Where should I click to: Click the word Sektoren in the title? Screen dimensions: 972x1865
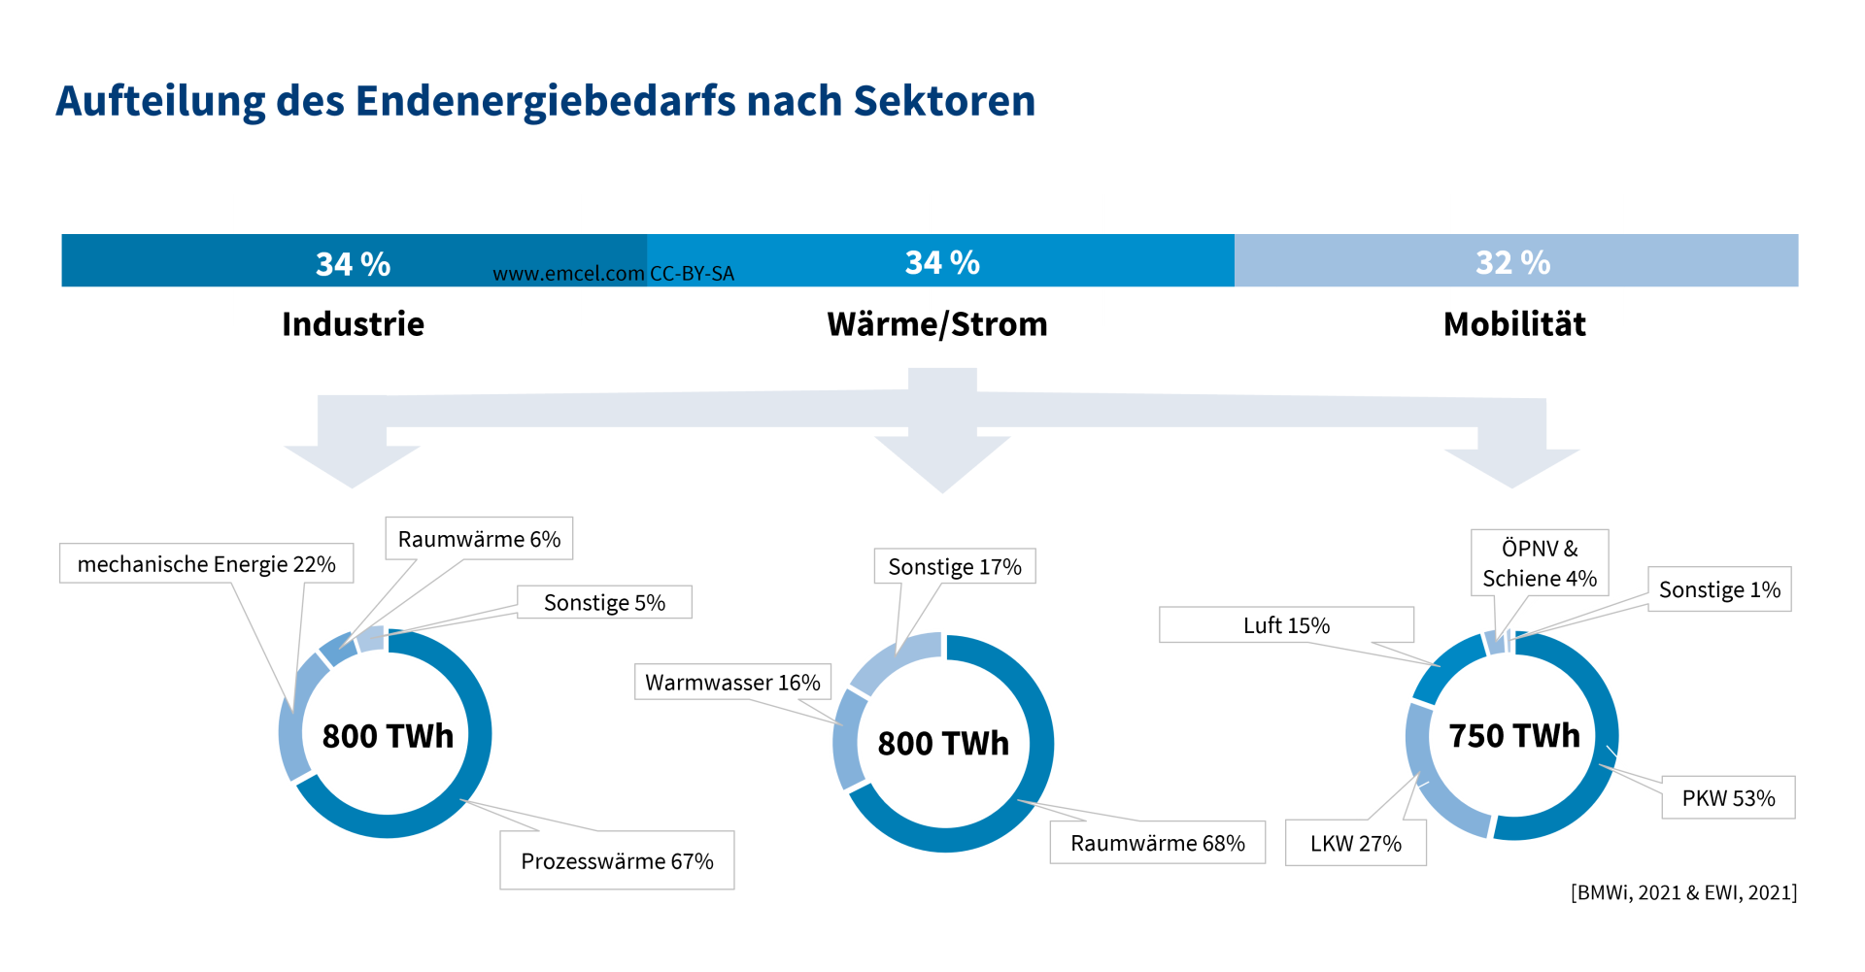coord(944,101)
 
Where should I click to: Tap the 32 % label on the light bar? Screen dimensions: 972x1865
coord(1512,262)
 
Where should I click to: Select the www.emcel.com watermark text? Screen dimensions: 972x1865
coord(568,274)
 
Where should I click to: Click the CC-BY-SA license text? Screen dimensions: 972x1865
coord(692,274)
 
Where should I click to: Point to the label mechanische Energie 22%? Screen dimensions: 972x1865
coord(206,564)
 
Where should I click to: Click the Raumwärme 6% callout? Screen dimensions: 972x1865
coord(479,539)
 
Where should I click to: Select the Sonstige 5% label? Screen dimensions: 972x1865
coord(604,602)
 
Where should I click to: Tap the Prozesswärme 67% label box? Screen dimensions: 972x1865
coord(617,860)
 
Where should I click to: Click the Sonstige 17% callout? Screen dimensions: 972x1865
coord(954,567)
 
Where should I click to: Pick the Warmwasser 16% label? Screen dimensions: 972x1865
coord(732,683)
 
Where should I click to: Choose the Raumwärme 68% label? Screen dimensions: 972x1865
coord(1157,843)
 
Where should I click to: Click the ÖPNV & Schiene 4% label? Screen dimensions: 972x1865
coord(1539,563)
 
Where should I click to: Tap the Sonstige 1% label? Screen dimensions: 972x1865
coord(1718,589)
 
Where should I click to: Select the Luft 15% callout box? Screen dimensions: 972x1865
coord(1286,625)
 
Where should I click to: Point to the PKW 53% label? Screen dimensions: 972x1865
coord(1728,798)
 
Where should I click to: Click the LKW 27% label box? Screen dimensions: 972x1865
coord(1355,843)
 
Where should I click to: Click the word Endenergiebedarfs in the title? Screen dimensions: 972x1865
coord(545,101)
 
